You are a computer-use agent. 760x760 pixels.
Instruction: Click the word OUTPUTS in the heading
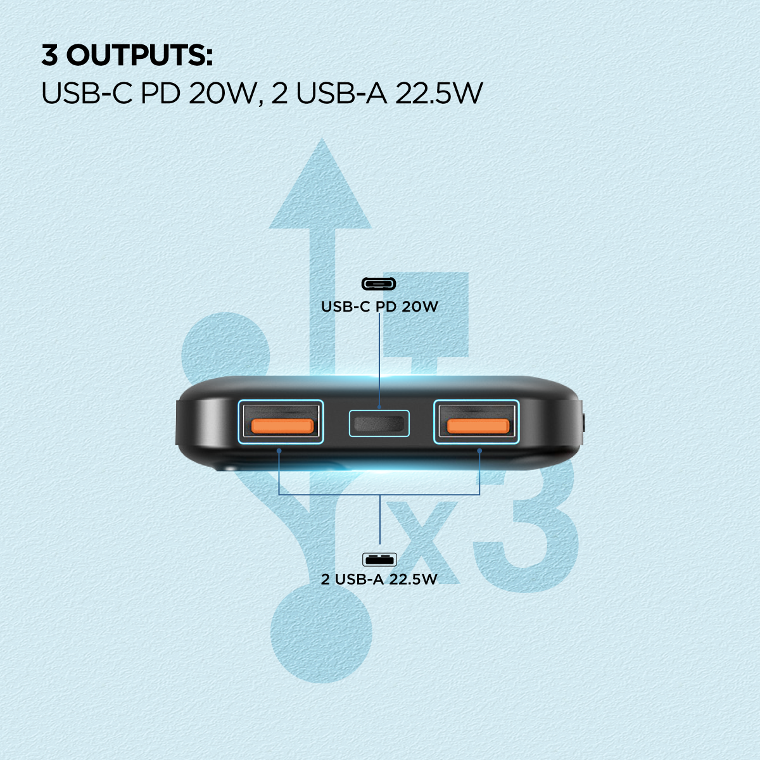coord(139,55)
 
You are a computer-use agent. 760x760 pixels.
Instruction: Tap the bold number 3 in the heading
coord(49,55)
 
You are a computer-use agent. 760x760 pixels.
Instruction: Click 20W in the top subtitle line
coord(222,94)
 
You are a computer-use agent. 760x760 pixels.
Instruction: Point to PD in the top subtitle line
coord(160,94)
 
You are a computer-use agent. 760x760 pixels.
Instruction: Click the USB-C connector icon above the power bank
coord(379,284)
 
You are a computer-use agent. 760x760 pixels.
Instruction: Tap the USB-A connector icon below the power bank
coord(379,559)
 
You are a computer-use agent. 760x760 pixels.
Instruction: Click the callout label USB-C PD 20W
coord(379,307)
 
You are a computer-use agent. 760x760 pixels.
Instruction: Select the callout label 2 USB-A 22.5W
coord(379,579)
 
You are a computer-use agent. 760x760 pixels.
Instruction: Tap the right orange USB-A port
coord(476,422)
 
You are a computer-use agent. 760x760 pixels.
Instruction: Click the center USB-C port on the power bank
coord(379,424)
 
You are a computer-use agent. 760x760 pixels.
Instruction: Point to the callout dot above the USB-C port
coord(379,407)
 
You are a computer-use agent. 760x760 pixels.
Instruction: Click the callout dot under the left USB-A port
coord(279,450)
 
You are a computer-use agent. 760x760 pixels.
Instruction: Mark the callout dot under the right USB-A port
coord(479,450)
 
